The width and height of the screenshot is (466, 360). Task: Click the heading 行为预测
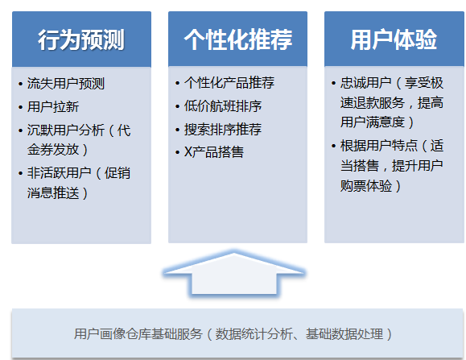pyautogui.click(x=81, y=39)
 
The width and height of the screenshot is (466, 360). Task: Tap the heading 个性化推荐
pyautogui.click(x=238, y=39)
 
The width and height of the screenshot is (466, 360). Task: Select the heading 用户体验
pyautogui.click(x=394, y=39)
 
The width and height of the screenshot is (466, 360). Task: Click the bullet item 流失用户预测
pyautogui.click(x=66, y=84)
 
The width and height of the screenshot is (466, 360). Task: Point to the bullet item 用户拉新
pyautogui.click(x=53, y=107)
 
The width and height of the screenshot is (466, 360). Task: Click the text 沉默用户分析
pyautogui.click(x=66, y=130)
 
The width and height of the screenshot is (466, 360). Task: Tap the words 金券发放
pyautogui.click(x=53, y=150)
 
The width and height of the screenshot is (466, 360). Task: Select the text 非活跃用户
pyautogui.click(x=59, y=173)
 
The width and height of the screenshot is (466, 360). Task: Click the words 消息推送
pyautogui.click(x=53, y=192)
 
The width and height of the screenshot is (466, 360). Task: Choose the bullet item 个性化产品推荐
pyautogui.click(x=229, y=83)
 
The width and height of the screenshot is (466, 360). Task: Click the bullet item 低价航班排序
pyautogui.click(x=223, y=106)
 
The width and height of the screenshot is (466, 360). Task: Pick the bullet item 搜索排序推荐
pyautogui.click(x=223, y=130)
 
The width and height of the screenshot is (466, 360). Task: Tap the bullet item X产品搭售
pyautogui.click(x=213, y=152)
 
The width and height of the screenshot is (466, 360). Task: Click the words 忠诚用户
pyautogui.click(x=366, y=83)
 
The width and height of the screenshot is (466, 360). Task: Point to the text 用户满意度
pyautogui.click(x=373, y=122)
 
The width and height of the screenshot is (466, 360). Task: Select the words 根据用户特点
pyautogui.click(x=379, y=146)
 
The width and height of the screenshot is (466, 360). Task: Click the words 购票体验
pyautogui.click(x=366, y=186)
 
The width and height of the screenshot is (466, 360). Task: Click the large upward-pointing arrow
pyautogui.click(x=234, y=274)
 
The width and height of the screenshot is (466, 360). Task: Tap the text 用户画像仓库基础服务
pyautogui.click(x=138, y=334)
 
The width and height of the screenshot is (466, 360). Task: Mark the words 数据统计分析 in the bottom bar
pyautogui.click(x=254, y=334)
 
